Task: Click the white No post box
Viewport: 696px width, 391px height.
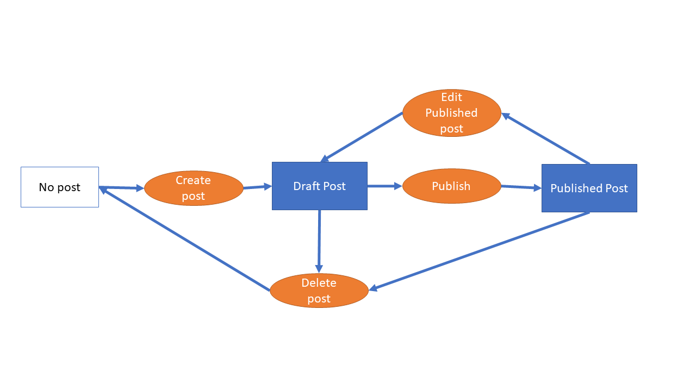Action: [x=60, y=187]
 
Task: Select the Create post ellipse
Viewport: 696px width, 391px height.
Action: [x=194, y=188]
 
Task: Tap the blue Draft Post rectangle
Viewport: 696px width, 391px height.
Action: [x=320, y=186]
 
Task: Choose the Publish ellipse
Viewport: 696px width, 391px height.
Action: [x=451, y=186]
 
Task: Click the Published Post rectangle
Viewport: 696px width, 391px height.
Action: [x=589, y=188]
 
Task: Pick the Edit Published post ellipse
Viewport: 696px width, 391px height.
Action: [x=451, y=112]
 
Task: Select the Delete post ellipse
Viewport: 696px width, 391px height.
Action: [x=319, y=291]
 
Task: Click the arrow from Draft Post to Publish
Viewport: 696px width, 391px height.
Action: [x=384, y=186]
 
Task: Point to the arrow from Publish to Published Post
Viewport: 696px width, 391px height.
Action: [x=521, y=187]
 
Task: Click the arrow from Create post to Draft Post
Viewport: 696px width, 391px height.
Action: [x=257, y=187]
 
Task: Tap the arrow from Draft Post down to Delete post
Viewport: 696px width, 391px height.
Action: [x=319, y=241]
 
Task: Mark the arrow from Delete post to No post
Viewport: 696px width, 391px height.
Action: [x=185, y=239]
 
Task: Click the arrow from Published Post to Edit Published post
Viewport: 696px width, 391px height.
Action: [x=545, y=138]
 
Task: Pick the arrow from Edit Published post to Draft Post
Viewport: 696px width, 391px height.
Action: [x=362, y=137]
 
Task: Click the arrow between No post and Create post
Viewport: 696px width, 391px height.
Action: [x=122, y=188]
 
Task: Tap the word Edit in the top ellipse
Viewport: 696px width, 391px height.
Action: [x=451, y=97]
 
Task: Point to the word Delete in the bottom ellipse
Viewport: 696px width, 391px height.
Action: [x=319, y=283]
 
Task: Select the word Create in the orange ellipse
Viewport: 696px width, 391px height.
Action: [x=193, y=180]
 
